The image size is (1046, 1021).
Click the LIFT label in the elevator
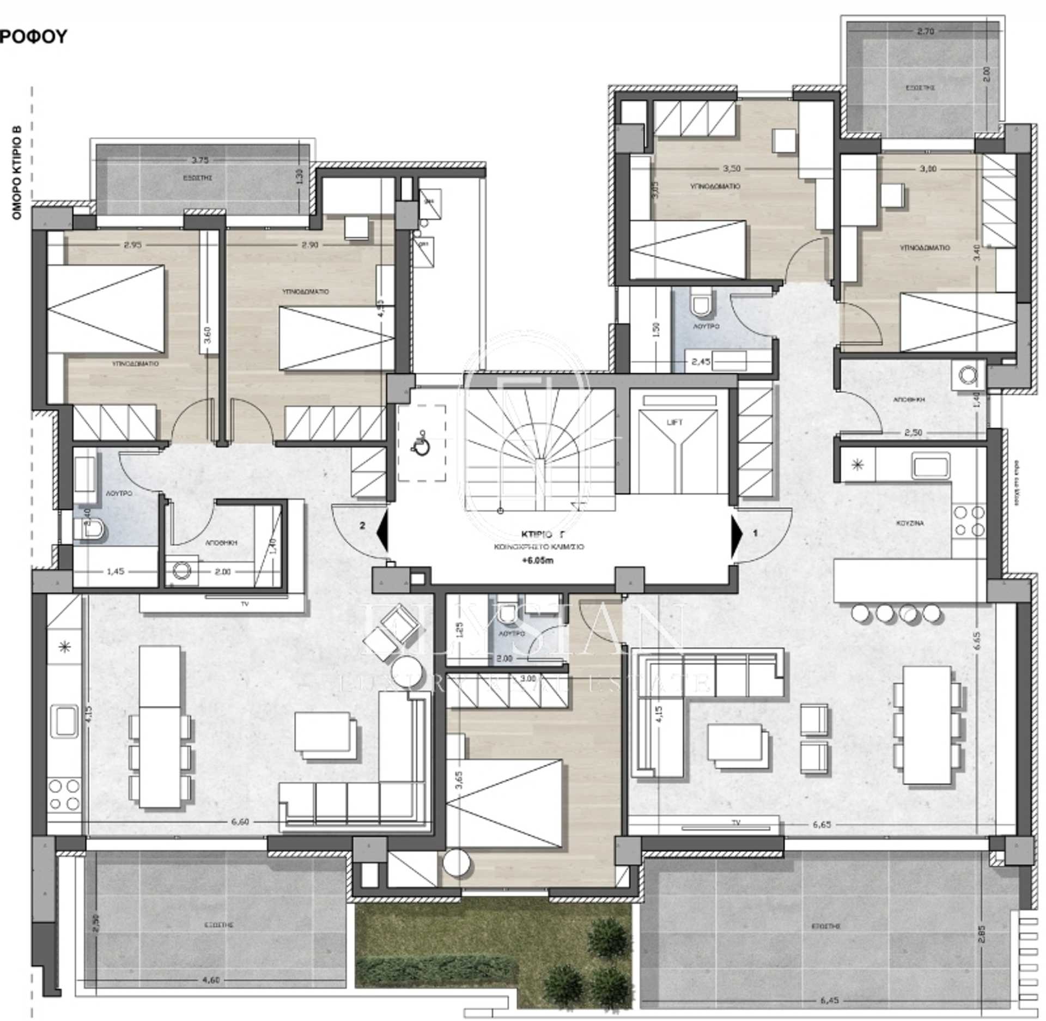pyautogui.click(x=678, y=422)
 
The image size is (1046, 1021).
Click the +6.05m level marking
pyautogui.click(x=537, y=561)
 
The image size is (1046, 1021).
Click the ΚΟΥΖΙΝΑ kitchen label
pyautogui.click(x=909, y=524)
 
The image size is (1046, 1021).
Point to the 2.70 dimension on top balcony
pyautogui.click(x=926, y=32)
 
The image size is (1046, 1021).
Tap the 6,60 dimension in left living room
pyautogui.click(x=240, y=822)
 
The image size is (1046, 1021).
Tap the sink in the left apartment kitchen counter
pyautogui.click(x=64, y=720)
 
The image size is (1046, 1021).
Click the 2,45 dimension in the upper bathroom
pyautogui.click(x=701, y=361)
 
